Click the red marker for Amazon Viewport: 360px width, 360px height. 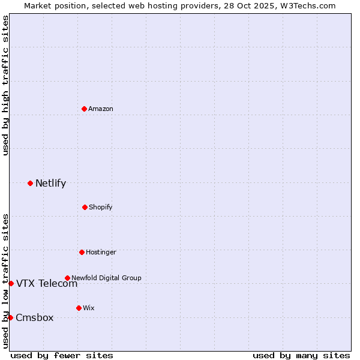[84, 109]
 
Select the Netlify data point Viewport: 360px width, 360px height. [30, 183]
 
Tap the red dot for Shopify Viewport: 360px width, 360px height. [85, 207]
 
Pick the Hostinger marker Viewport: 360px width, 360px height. [82, 252]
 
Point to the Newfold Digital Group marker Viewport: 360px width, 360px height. [67, 278]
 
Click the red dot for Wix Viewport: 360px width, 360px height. [79, 308]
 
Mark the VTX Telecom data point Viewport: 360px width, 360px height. [11, 283]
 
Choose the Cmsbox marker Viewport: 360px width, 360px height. [10, 317]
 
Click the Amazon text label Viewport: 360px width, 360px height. [101, 109]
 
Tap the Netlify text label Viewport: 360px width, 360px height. [50, 183]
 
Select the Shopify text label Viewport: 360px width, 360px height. [100, 207]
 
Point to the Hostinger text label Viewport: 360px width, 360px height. [101, 252]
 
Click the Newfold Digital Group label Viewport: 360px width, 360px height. [106, 278]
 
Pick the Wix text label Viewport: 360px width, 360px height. [89, 308]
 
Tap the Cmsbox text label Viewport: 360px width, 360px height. [34, 317]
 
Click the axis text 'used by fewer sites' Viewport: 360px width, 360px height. [62, 356]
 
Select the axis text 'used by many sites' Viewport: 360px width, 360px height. [301, 356]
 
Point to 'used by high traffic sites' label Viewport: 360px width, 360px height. [5, 86]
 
